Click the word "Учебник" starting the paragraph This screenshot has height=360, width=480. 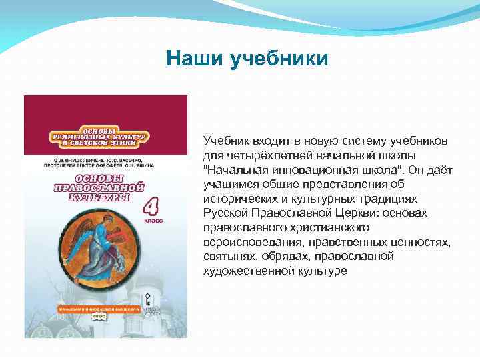click(x=225, y=141)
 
